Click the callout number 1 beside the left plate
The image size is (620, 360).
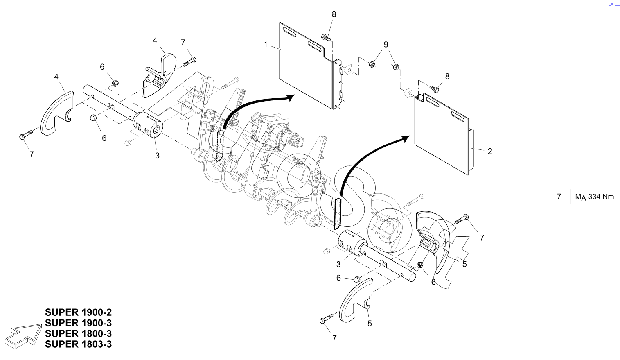(x=266, y=45)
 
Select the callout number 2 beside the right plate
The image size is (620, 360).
(x=489, y=151)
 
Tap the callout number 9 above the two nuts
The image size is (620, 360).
(x=386, y=44)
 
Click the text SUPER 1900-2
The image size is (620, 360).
(x=78, y=312)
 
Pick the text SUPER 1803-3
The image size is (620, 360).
(x=78, y=344)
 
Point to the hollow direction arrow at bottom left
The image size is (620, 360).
(x=23, y=336)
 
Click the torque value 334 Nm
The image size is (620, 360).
(x=601, y=197)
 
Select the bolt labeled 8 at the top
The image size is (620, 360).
(x=326, y=37)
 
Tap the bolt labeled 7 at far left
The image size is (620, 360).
(x=26, y=135)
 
